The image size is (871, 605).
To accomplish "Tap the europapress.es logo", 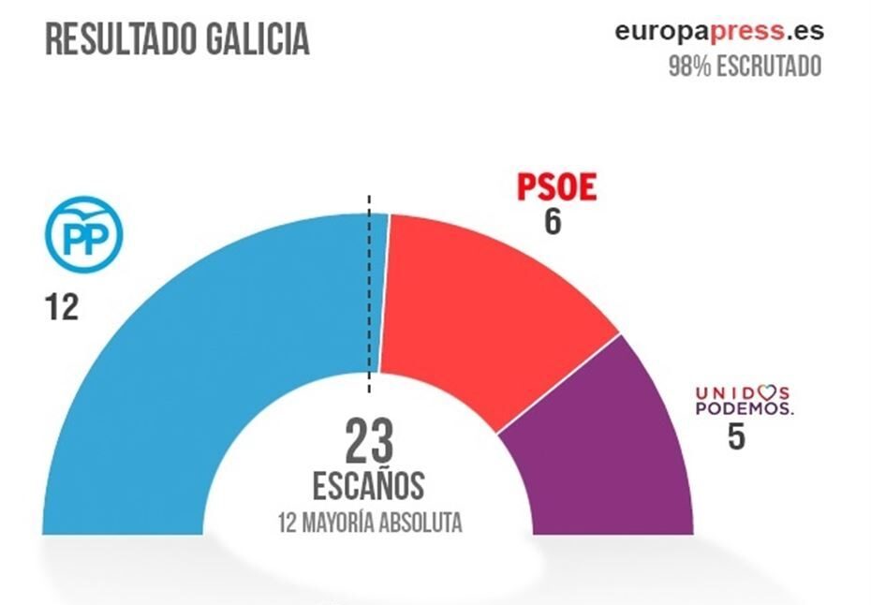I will point(719,31).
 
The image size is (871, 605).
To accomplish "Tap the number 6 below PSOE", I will point(553,223).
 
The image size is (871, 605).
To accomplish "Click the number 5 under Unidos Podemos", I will point(736,436).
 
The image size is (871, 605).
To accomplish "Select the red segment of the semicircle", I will point(478,309).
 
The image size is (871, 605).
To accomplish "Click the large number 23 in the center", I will point(369,442).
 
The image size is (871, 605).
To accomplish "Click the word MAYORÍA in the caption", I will point(341,523).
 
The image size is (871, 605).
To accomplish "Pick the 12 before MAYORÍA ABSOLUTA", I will point(288,523).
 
